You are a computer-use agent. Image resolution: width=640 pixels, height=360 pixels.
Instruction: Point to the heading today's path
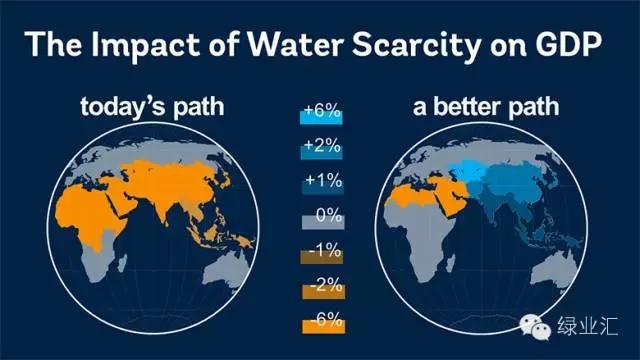coord(152,108)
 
